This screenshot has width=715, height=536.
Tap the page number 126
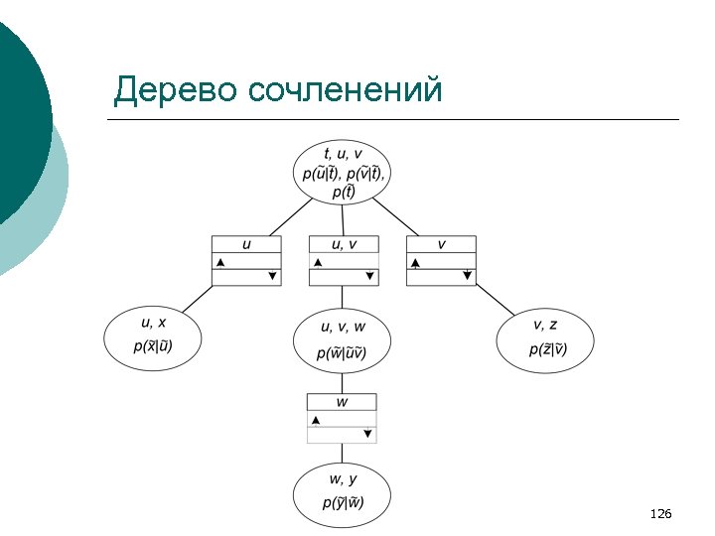coord(660,513)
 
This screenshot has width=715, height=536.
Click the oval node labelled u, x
coord(153,336)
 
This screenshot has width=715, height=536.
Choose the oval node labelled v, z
coord(545,337)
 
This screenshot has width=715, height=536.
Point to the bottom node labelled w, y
coord(343,492)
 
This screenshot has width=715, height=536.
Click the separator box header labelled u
coord(246,244)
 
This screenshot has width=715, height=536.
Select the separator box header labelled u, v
coord(344,244)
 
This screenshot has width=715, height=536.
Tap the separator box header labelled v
coord(441,244)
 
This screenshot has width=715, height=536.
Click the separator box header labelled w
coord(342,402)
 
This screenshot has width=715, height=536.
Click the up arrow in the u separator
coord(220,262)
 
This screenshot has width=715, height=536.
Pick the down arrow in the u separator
coord(271,277)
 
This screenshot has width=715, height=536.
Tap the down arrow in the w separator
coord(367,434)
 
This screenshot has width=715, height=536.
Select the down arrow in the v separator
coord(467,276)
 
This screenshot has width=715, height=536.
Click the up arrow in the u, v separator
coord(318,262)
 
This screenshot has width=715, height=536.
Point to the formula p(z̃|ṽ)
coord(545,348)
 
